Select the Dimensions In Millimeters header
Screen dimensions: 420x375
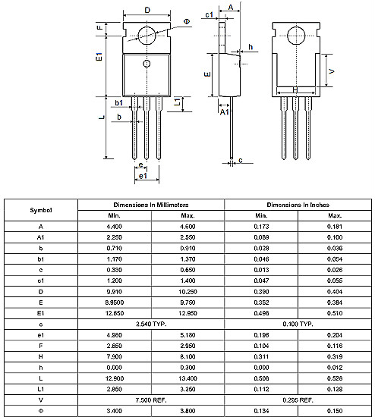tap(151, 205)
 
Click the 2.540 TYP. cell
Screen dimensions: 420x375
tap(151, 323)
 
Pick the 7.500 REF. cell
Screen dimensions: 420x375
tap(151, 398)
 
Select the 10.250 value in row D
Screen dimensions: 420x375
tap(187, 291)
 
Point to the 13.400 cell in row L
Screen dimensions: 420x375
tap(187, 377)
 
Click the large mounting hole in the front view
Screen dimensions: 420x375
tap(147, 33)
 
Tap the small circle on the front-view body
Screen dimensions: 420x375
tap(147, 63)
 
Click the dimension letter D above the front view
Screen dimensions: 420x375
tap(147, 10)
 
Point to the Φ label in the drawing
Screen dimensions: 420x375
tap(187, 22)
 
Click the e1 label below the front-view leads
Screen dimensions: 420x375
tap(142, 177)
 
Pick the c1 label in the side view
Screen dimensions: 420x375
tap(210, 14)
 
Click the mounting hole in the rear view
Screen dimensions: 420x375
tap(295, 33)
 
